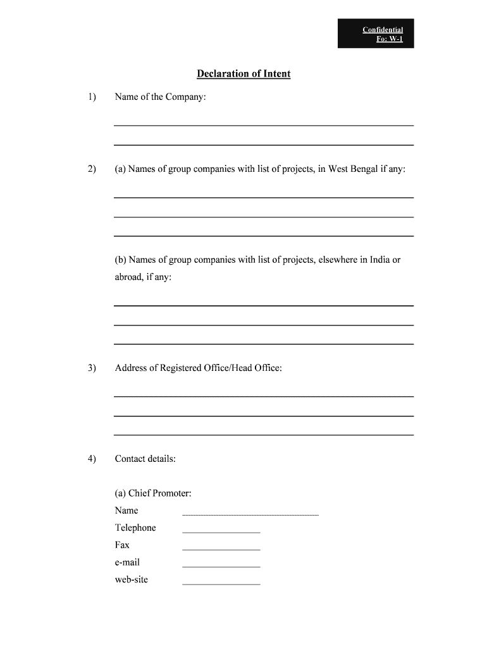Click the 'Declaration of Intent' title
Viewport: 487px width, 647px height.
click(x=244, y=74)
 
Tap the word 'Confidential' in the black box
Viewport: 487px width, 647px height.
click(x=383, y=30)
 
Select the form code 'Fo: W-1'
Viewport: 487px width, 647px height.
click(x=390, y=39)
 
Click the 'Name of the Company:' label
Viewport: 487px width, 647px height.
click(x=160, y=97)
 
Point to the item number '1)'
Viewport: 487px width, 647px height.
click(x=92, y=97)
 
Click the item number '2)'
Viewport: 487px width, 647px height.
click(x=92, y=169)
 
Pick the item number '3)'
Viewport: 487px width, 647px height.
click(x=92, y=368)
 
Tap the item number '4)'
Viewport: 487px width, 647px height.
click(x=92, y=459)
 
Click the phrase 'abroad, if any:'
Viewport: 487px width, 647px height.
click(x=143, y=277)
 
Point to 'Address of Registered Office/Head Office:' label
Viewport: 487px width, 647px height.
click(x=198, y=368)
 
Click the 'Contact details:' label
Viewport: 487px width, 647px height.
click(x=145, y=459)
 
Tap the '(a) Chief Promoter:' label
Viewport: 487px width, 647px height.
click(x=152, y=493)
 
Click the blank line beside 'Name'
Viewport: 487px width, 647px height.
click(x=250, y=515)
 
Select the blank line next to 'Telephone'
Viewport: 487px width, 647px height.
click(x=221, y=532)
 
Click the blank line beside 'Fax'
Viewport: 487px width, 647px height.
click(x=221, y=549)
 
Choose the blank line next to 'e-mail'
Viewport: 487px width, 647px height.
click(x=221, y=566)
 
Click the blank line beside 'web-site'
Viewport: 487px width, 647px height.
click(x=221, y=583)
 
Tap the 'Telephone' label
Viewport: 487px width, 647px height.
click(x=135, y=528)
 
